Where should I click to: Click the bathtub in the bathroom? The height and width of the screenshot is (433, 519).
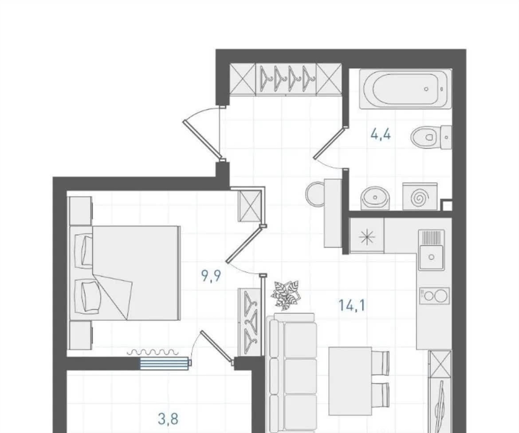pos(405,89)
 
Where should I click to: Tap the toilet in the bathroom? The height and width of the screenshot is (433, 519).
pos(431,137)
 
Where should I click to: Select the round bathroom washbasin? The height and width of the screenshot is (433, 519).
pos(376,198)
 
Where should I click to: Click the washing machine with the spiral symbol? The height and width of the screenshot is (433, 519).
pos(420,197)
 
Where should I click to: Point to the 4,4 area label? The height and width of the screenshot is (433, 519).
pos(381,134)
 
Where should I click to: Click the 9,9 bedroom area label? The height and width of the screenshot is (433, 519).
pos(211,275)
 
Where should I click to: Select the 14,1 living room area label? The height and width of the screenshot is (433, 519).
pos(352,305)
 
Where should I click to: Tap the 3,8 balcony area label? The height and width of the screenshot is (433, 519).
pos(168,419)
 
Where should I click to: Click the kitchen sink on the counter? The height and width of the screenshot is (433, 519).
pos(431,250)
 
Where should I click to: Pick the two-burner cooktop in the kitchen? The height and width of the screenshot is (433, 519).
pos(434,296)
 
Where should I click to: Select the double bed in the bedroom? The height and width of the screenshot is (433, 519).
pos(125,273)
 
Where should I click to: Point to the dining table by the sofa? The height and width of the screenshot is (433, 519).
pos(351,381)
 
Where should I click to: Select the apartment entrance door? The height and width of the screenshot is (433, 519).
pos(202,139)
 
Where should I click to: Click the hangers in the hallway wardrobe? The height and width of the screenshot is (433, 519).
pos(286,79)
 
